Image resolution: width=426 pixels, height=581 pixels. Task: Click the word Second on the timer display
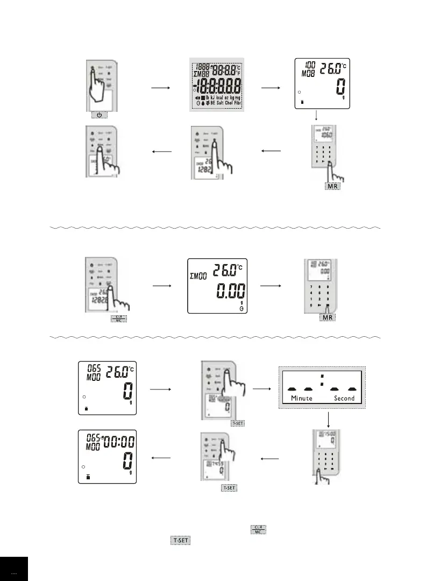344,398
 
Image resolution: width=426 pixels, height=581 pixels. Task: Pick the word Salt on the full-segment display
217,103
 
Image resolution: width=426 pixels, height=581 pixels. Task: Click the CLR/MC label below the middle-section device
118,318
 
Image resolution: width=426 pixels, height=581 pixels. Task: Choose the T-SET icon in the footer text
180,540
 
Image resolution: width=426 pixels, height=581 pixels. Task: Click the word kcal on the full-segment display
220,97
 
